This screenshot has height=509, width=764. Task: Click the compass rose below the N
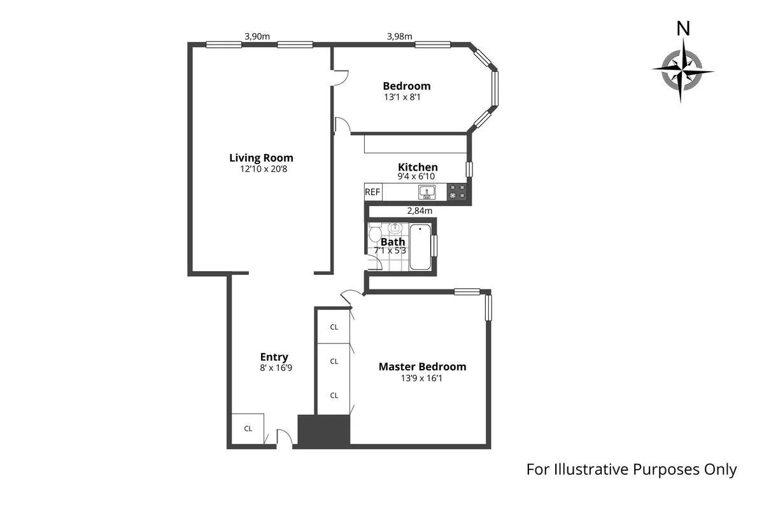[682, 70]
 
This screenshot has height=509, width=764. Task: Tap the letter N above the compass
[683, 29]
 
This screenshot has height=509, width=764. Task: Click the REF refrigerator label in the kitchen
[372, 192]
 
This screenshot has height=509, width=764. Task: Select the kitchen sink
[427, 192]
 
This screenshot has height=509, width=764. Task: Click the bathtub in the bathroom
[420, 247]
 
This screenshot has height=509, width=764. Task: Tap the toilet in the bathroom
[374, 229]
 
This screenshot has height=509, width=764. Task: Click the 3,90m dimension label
[257, 36]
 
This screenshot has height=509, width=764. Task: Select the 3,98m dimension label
[400, 36]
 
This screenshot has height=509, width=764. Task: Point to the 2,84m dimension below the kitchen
[420, 211]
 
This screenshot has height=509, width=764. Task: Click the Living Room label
[261, 158]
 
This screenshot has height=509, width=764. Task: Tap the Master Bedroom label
[422, 366]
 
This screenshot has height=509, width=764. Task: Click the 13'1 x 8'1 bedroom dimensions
[402, 97]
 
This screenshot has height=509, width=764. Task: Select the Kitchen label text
[418, 167]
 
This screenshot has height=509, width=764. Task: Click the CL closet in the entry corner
[248, 428]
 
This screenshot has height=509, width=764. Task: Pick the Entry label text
[274, 357]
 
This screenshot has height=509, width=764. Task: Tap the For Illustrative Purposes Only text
[631, 470]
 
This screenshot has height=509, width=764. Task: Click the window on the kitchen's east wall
[469, 169]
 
